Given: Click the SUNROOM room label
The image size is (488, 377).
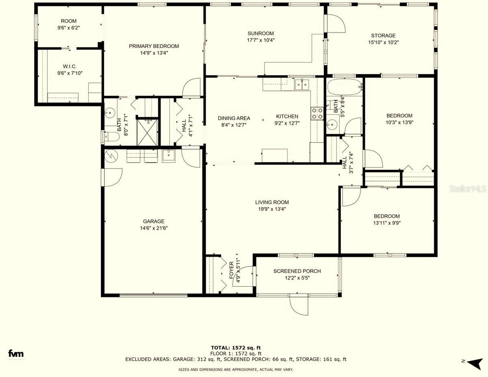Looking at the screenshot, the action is (x=260, y=33).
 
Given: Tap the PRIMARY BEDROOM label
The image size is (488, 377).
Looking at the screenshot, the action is (x=154, y=46).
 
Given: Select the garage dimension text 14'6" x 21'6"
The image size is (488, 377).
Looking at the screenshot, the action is (x=154, y=228).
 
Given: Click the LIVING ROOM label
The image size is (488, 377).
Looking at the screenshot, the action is (x=272, y=202).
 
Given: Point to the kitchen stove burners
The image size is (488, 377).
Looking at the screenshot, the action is (x=317, y=113).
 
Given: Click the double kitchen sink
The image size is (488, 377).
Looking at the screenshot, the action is (x=302, y=84).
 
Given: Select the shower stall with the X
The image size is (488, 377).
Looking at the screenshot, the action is (x=147, y=132).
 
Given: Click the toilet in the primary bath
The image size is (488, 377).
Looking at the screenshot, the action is (x=112, y=136).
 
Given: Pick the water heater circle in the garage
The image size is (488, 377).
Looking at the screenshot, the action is (x=111, y=155).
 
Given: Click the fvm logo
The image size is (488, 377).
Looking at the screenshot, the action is (x=16, y=353).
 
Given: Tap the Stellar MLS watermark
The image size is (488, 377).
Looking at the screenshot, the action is (x=468, y=189).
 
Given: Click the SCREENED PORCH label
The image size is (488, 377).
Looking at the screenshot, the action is (x=297, y=271).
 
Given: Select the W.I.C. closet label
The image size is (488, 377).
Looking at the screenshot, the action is (x=69, y=67).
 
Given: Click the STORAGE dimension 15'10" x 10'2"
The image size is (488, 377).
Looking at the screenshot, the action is (x=383, y=42).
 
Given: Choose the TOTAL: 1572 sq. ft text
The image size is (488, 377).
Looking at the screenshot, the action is (x=236, y=348).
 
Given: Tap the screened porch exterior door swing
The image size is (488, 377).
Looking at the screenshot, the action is (x=299, y=305).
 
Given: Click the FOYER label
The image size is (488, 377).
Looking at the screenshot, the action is (x=232, y=270).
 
